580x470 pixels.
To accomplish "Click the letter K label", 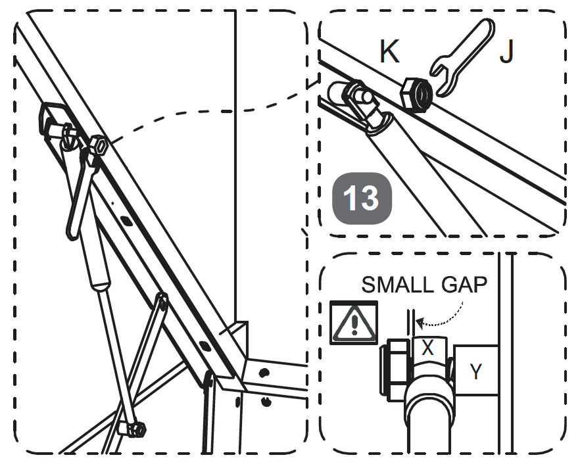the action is pos(389,51).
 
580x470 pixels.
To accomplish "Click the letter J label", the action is pos(506,51).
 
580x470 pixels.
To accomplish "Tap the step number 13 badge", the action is pos(362,199).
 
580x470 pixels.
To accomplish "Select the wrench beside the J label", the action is pos(462,55).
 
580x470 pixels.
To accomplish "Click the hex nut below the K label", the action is pos(417,95).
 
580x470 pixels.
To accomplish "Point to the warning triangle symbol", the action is pos(354,323).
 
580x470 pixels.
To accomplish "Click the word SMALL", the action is pos(397,285).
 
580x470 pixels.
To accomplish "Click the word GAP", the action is pos(464,285).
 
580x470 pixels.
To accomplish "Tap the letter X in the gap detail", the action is pos(427,348).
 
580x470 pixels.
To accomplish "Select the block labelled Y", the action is pos(475,370).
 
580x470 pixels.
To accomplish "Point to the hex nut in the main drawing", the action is pos(99,146).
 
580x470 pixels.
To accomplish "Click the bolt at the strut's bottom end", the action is pos(132,429).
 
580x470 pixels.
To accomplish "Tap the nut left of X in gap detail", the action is pos(394,371).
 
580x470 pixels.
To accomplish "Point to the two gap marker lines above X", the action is pos(410,323).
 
